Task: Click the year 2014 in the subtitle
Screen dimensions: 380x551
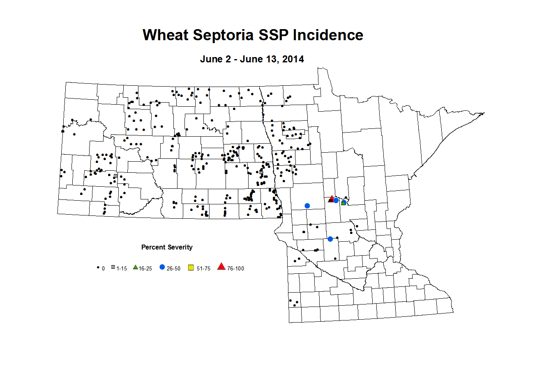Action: pyautogui.click(x=293, y=59)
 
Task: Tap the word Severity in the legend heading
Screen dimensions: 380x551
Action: pyautogui.click(x=180, y=247)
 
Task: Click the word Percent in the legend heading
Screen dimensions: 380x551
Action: pyautogui.click(x=153, y=247)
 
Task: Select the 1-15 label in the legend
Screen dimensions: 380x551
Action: pyautogui.click(x=122, y=268)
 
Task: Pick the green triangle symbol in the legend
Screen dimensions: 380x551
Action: pyautogui.click(x=135, y=267)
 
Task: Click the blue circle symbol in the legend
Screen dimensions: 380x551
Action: pyautogui.click(x=162, y=267)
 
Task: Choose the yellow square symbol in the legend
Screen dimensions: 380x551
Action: pyautogui.click(x=191, y=268)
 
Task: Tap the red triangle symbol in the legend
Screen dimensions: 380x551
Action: pyautogui.click(x=221, y=267)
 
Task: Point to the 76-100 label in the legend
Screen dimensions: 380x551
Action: pyautogui.click(x=235, y=268)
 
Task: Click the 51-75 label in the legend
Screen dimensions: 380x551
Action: pyautogui.click(x=203, y=268)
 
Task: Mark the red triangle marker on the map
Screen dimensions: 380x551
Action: pyautogui.click(x=332, y=199)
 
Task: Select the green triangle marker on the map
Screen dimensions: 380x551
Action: pyautogui.click(x=344, y=203)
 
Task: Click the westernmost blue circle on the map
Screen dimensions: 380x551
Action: pyautogui.click(x=307, y=206)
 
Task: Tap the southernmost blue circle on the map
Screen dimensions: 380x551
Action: pyautogui.click(x=330, y=239)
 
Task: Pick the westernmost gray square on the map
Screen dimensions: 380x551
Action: pyautogui.click(x=115, y=176)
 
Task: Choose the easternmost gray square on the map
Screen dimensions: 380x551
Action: pyautogui.click(x=261, y=173)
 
